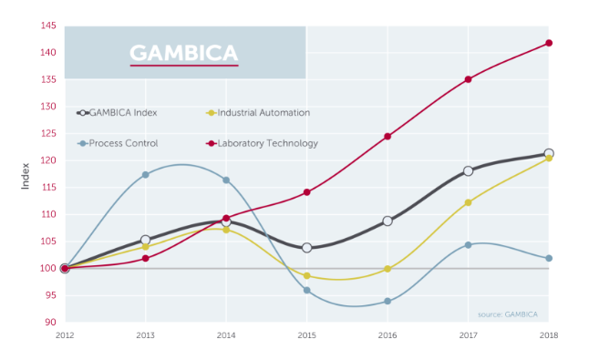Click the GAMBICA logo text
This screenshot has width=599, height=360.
[x=184, y=52]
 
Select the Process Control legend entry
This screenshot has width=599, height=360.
[x=124, y=143]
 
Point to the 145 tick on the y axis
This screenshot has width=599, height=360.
[x=49, y=26]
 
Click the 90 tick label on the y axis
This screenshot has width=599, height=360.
[x=52, y=322]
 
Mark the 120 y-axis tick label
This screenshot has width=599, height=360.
[x=49, y=160]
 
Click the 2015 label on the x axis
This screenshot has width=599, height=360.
[x=306, y=336]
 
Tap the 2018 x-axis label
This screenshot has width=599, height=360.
[x=549, y=336]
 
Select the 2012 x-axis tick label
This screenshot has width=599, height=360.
[x=64, y=336]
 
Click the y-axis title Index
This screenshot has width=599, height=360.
[x=26, y=173]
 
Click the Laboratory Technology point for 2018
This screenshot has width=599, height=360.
[x=549, y=43]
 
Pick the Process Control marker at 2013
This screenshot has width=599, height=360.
[x=145, y=174]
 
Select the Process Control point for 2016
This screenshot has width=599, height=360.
[x=387, y=301]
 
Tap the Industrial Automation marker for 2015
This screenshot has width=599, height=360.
[x=306, y=275]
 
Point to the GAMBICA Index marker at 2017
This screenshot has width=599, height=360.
[x=468, y=170]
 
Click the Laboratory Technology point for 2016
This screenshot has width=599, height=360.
[x=387, y=137]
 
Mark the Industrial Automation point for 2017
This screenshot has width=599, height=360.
[x=468, y=202]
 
